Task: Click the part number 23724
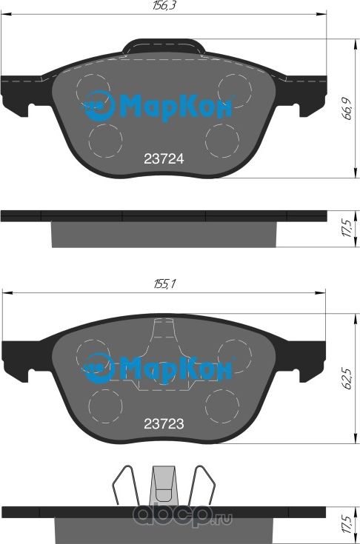[163, 158]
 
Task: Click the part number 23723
[163, 424]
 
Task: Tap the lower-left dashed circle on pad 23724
[105, 138]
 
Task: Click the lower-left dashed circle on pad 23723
[105, 403]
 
